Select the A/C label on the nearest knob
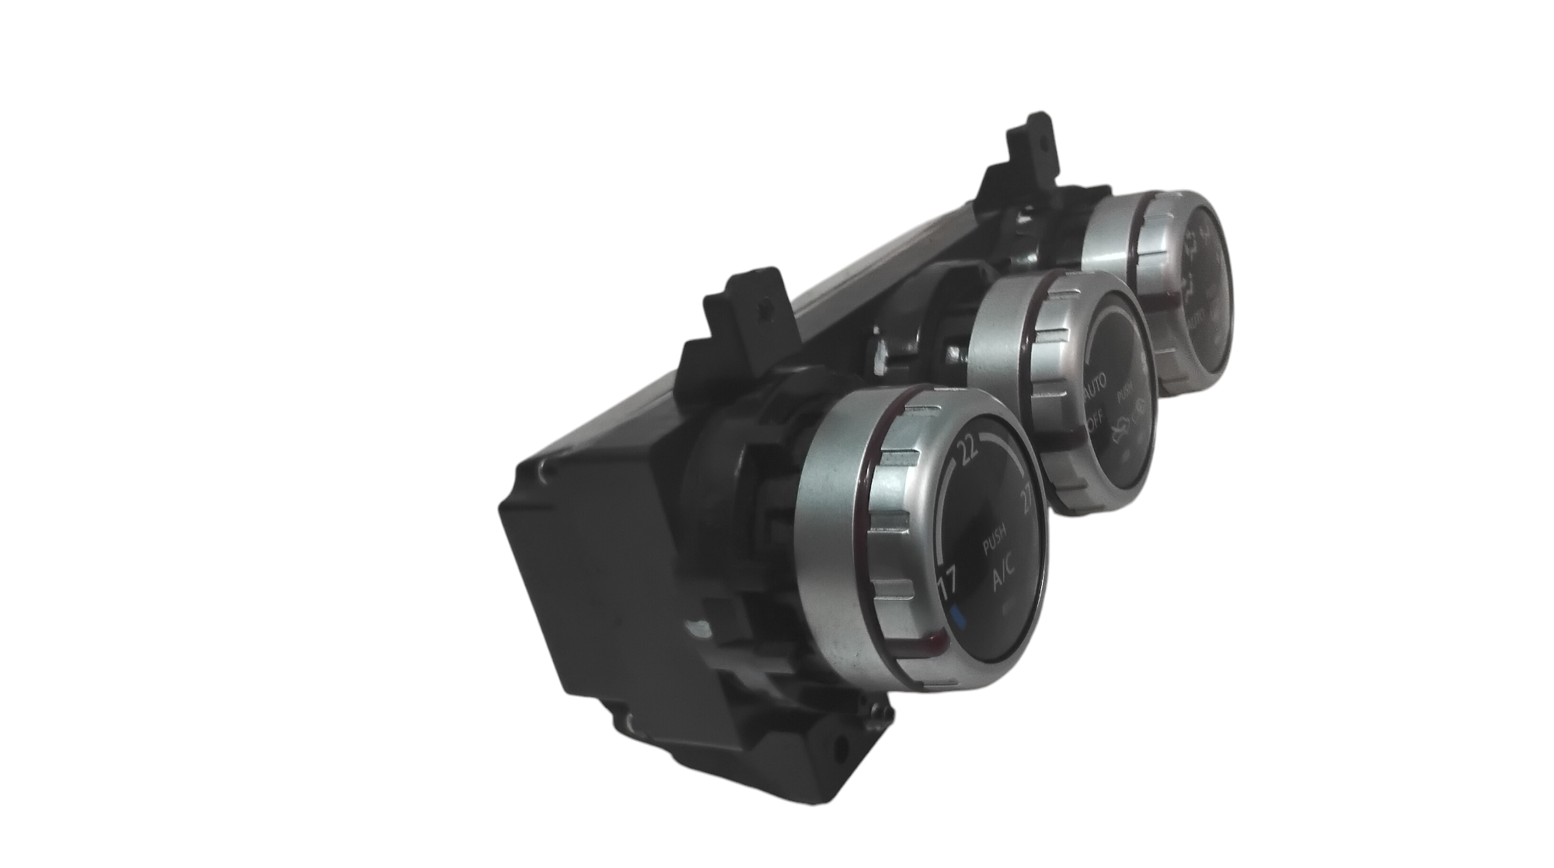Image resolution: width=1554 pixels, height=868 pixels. coord(1003,579)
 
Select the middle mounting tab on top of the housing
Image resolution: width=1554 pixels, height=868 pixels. coord(750,301)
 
